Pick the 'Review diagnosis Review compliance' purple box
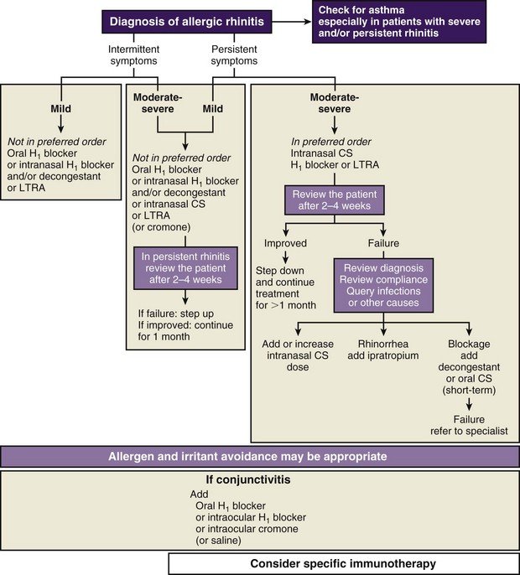385,283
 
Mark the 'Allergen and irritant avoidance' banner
259,456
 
